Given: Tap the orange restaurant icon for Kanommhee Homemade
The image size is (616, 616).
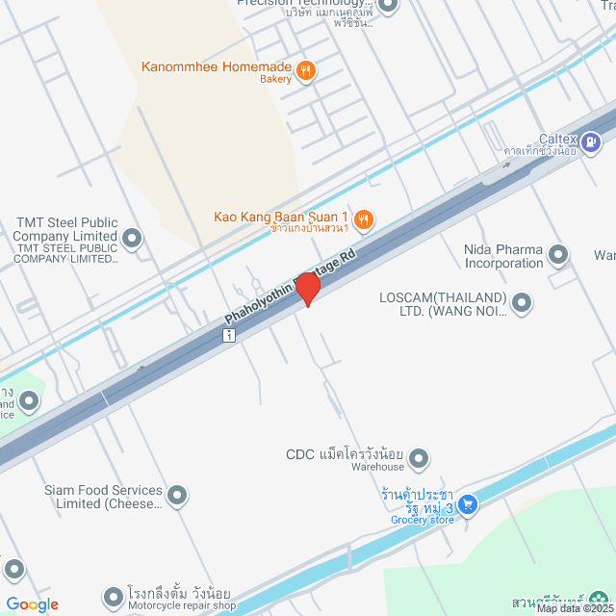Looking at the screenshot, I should click(x=306, y=69).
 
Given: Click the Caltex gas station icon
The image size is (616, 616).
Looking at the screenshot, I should click(x=591, y=144).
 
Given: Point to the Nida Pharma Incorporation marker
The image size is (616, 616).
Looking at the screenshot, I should click(x=558, y=255).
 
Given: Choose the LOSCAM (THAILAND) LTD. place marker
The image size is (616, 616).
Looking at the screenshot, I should click(x=522, y=302).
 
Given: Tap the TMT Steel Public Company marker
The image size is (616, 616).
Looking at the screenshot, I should click(x=132, y=237).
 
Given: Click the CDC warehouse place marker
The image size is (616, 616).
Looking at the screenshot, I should click(x=418, y=460).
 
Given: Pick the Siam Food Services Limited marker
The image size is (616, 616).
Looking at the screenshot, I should click(x=177, y=496).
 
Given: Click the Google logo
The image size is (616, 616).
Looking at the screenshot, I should click(x=32, y=604).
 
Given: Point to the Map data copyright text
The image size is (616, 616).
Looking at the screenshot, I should click(x=575, y=608).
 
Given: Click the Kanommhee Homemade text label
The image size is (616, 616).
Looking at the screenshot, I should click(x=216, y=66).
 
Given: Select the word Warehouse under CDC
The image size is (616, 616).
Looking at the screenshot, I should click(x=376, y=467).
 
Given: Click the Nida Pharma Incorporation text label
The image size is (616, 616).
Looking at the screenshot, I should click(x=503, y=256).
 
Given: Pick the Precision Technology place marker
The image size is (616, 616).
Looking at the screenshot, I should click(x=388, y=6).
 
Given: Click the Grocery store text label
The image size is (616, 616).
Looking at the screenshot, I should click(x=422, y=520).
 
